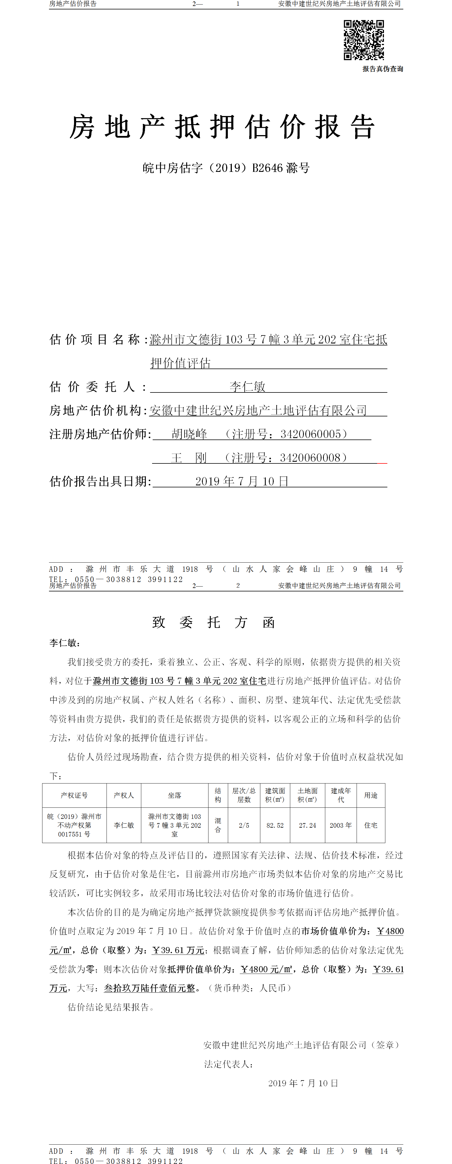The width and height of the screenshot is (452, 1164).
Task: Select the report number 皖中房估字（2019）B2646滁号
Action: [226, 168]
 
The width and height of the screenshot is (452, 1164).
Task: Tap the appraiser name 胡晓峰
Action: [189, 434]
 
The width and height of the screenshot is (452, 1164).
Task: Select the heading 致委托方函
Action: [214, 623]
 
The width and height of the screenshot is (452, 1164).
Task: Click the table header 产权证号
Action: [75, 795]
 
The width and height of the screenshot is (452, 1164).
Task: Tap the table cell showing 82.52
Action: [275, 825]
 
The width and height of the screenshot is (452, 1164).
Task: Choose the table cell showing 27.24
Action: [308, 825]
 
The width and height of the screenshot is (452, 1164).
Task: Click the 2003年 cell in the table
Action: [340, 825]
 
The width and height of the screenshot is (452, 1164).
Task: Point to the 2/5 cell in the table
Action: [244, 825]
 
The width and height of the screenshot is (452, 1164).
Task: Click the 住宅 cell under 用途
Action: [371, 825]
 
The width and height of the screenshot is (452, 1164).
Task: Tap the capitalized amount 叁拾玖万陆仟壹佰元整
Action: [150, 988]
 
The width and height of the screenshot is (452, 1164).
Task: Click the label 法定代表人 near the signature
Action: [228, 1064]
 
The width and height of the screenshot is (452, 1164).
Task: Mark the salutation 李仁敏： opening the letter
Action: [65, 643]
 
